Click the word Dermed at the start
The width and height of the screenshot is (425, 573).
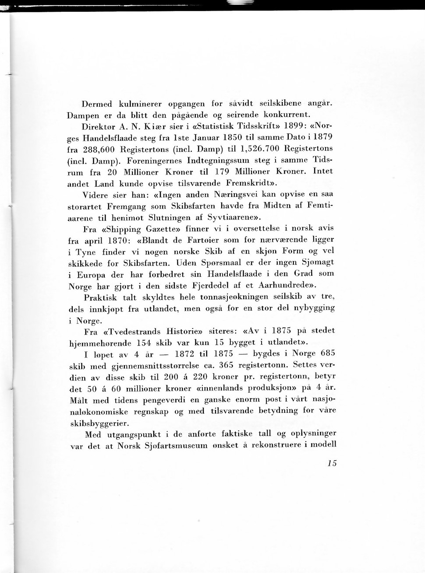tap(97, 104)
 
